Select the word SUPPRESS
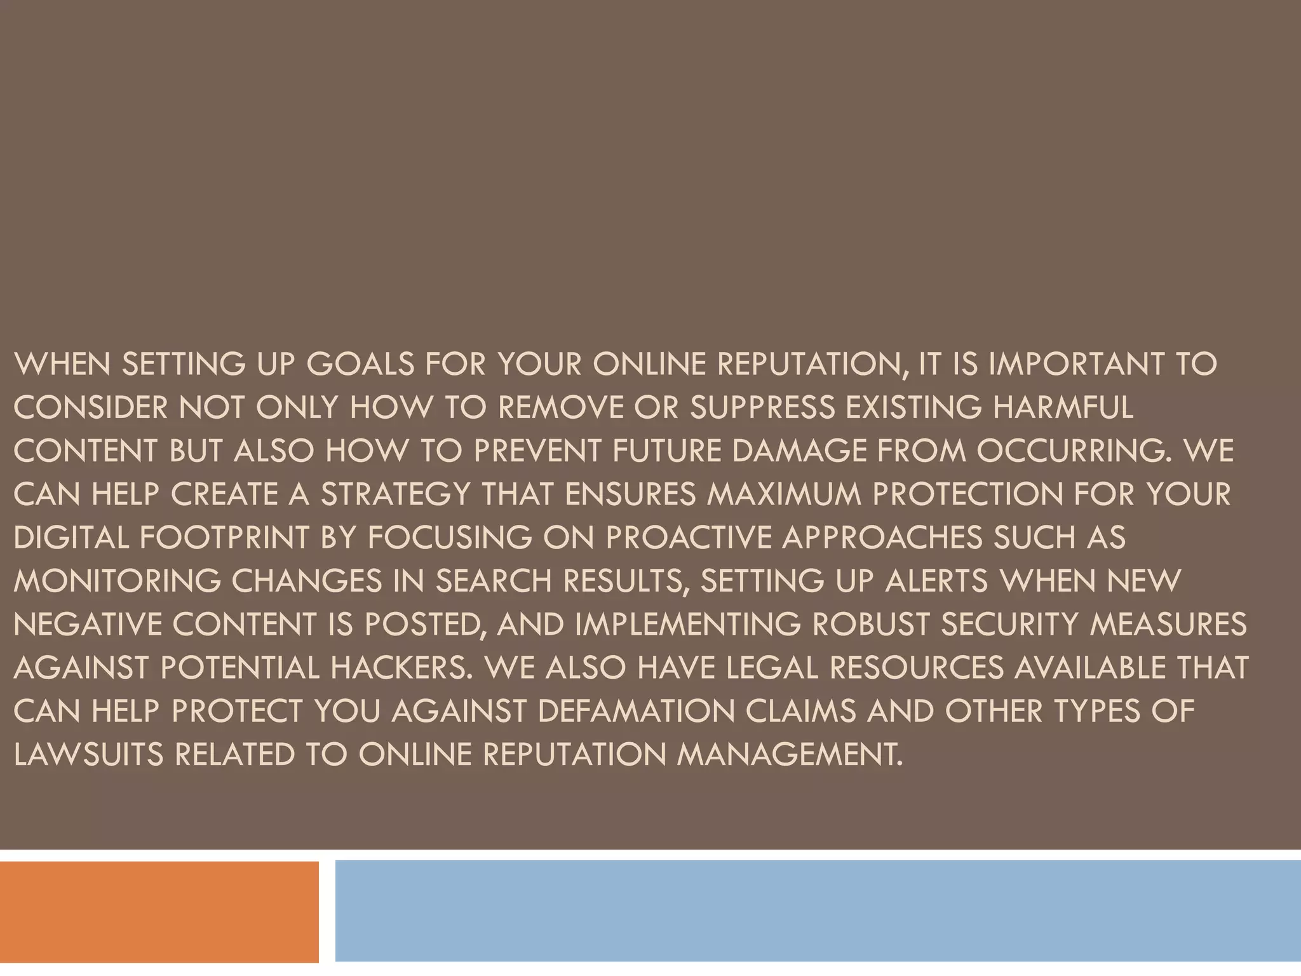click(762, 408)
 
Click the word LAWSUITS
click(88, 755)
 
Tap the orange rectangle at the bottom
click(159, 911)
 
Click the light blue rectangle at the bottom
click(818, 911)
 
